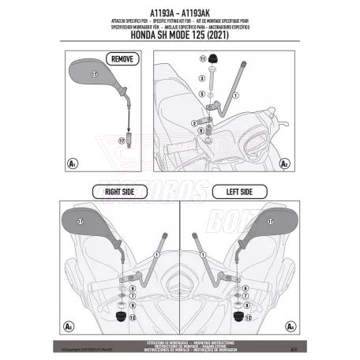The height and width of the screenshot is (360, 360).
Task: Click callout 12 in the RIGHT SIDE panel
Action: pos(133,317)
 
